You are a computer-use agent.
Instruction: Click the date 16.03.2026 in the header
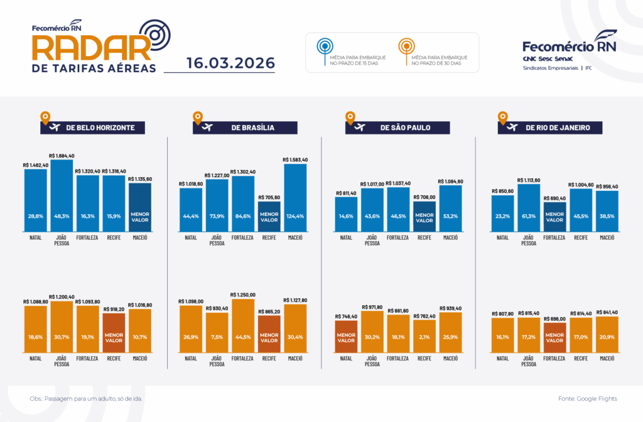point(230,63)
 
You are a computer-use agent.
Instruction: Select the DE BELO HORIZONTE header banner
point(92,127)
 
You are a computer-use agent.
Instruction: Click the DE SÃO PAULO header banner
point(397,127)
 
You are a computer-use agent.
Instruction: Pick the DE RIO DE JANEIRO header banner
point(550,127)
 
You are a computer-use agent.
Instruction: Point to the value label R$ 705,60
point(269,197)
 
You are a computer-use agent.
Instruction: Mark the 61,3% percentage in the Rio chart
point(529,216)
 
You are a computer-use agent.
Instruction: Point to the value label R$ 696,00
point(554,319)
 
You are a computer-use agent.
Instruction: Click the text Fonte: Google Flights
point(587,399)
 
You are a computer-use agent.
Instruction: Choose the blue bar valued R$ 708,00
point(424,216)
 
